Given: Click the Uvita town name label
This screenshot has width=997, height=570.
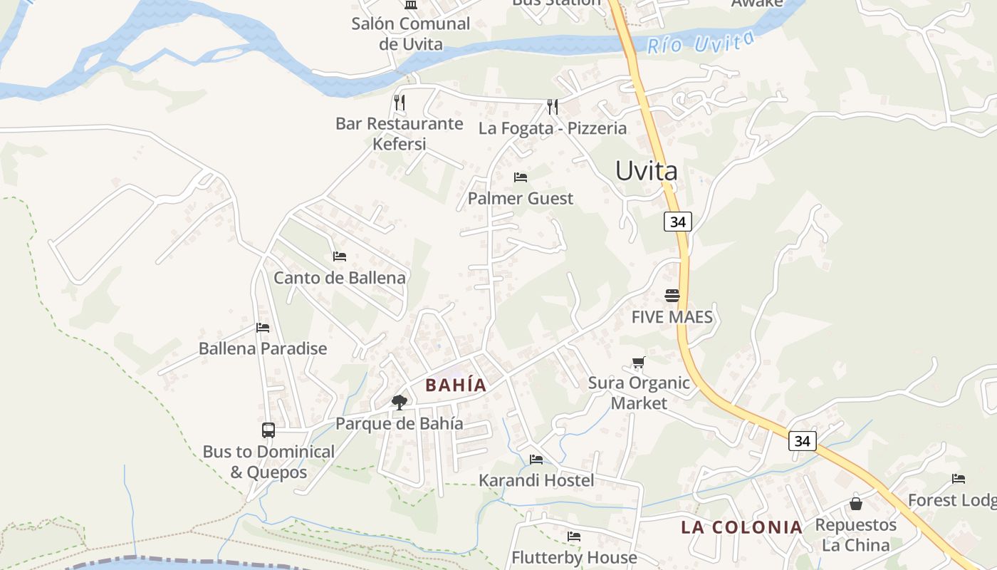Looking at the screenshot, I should [x=646, y=171].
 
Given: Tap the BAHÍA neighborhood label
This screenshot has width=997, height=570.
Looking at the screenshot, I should [x=456, y=385].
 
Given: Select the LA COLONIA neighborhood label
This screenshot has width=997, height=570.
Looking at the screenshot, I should [x=741, y=528].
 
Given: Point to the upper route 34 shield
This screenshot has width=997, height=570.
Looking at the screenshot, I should [x=677, y=222].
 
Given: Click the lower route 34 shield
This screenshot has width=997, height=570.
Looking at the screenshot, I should [x=802, y=441].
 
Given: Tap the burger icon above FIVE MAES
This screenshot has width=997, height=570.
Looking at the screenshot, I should [x=672, y=295].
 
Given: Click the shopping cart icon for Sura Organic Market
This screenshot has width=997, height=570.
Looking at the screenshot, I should [x=638, y=363].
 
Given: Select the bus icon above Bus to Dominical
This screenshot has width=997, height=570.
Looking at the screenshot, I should [x=268, y=430].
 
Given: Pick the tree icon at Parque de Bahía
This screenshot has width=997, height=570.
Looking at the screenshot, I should [x=400, y=403].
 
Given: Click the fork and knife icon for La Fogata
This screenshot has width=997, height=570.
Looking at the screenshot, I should [x=553, y=107].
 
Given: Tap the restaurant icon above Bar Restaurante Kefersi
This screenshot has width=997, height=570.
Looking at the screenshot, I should [x=400, y=103].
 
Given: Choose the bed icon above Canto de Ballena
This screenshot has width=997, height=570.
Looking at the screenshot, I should [x=340, y=256].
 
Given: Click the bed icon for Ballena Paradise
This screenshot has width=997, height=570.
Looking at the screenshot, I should [x=263, y=328].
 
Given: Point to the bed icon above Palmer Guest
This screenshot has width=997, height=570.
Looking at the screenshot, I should [x=521, y=177].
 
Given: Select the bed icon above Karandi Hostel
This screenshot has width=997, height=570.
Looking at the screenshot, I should [x=536, y=459].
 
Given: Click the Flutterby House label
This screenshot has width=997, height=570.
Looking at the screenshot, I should [x=574, y=557].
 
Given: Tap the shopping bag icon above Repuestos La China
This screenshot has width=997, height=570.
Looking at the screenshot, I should [x=856, y=504].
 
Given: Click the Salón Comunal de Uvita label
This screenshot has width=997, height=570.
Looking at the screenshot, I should [x=411, y=33].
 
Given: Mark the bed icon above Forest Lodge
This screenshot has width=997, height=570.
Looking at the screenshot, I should [x=959, y=479].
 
